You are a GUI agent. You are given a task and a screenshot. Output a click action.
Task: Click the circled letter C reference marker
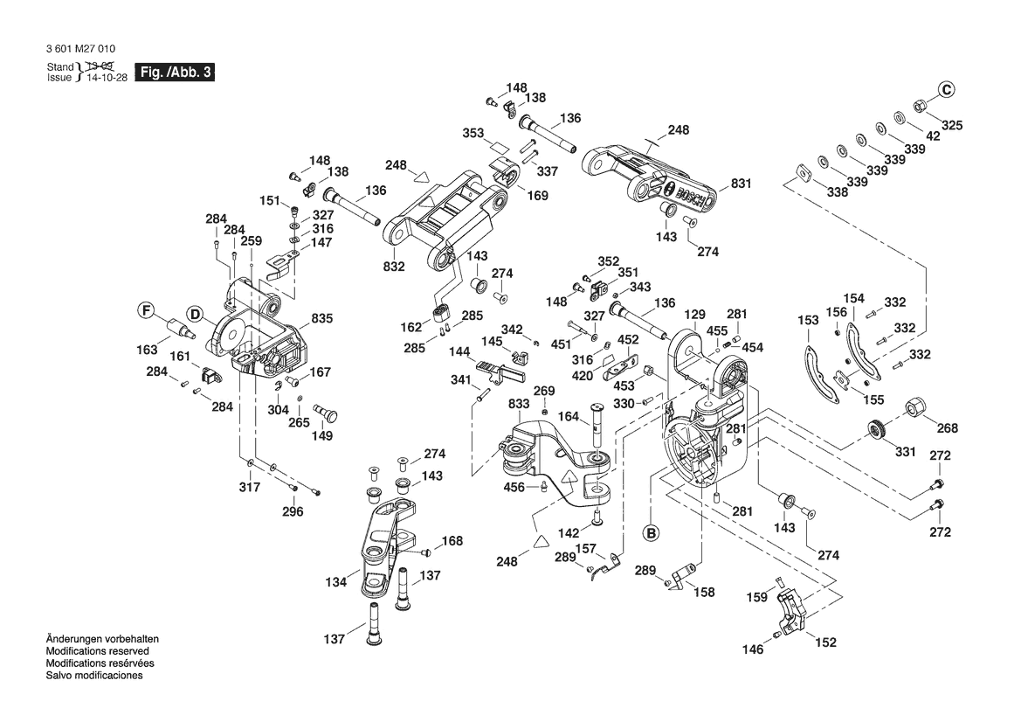947,88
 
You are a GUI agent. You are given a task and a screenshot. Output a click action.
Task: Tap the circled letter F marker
147,309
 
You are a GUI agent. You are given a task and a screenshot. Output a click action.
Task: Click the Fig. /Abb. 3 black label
176,73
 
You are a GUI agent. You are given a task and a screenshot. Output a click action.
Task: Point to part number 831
741,184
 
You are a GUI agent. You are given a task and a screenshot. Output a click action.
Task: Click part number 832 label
394,267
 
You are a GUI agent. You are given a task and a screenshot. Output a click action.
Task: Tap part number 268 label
947,428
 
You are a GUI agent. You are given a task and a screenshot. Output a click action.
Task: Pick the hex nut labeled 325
920,107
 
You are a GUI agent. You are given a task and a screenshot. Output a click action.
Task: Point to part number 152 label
825,642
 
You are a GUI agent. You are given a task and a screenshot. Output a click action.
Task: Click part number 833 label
519,405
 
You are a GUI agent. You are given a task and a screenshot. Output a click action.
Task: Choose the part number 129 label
694,315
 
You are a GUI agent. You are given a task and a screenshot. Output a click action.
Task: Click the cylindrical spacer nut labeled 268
915,407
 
